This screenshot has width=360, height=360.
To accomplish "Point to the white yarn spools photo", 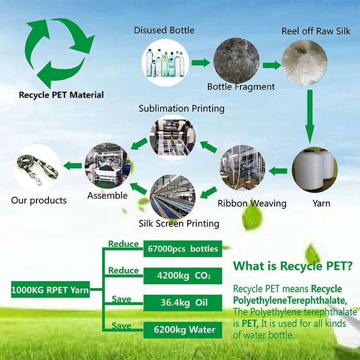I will pyautogui.click(x=314, y=170).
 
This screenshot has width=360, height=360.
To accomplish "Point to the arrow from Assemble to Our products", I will pyautogui.click(x=72, y=166).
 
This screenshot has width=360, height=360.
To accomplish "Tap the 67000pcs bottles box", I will pyautogui.click(x=182, y=249).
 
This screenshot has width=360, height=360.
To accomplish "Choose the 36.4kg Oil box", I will pyautogui.click(x=182, y=303).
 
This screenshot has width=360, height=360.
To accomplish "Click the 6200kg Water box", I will pyautogui.click(x=182, y=330).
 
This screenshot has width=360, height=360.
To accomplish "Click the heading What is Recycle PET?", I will pyautogui.click(x=293, y=266).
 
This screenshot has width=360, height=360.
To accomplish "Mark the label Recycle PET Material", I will pyautogui.click(x=61, y=95).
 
